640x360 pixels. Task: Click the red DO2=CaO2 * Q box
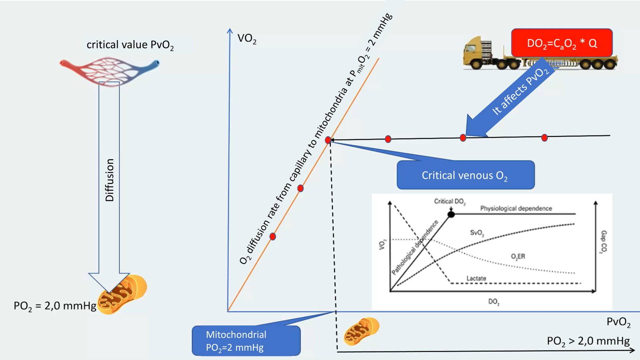(x=562, y=43)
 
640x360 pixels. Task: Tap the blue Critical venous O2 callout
(x=465, y=175)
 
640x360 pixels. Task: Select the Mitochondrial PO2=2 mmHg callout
(x=246, y=341)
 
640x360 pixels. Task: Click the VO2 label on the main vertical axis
(x=247, y=38)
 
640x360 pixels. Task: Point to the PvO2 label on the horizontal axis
(x=618, y=322)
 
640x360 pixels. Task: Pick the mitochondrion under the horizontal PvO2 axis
(x=362, y=331)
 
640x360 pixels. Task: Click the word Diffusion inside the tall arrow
(x=110, y=180)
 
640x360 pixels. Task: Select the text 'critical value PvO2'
(x=130, y=45)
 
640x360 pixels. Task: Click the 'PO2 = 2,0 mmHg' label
(x=55, y=306)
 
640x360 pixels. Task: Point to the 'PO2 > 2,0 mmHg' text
(x=588, y=341)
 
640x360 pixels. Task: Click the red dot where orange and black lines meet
(x=328, y=140)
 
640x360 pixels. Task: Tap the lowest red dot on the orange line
(x=273, y=236)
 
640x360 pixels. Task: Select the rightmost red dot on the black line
(x=544, y=138)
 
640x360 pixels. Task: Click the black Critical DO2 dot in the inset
(x=451, y=214)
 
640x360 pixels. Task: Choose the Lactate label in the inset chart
(x=476, y=278)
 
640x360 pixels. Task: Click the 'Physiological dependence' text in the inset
(x=516, y=208)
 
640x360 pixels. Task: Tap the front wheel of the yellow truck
(x=476, y=64)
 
